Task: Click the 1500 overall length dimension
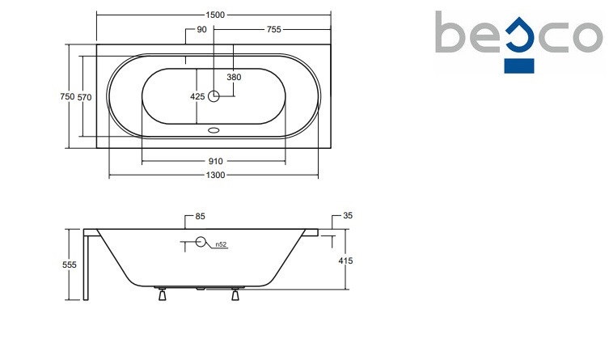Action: pyautogui.click(x=215, y=15)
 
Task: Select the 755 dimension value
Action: pyautogui.click(x=274, y=29)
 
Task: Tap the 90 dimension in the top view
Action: pyautogui.click(x=202, y=29)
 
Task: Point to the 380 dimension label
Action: pyautogui.click(x=234, y=77)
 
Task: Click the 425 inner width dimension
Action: pyautogui.click(x=197, y=96)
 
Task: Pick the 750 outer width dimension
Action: pyautogui.click(x=67, y=96)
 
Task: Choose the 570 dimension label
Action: pyautogui.click(x=84, y=97)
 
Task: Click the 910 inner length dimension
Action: pyautogui.click(x=216, y=161)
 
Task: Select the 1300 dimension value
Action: pyautogui.click(x=215, y=175)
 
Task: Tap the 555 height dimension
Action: pyautogui.click(x=70, y=265)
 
